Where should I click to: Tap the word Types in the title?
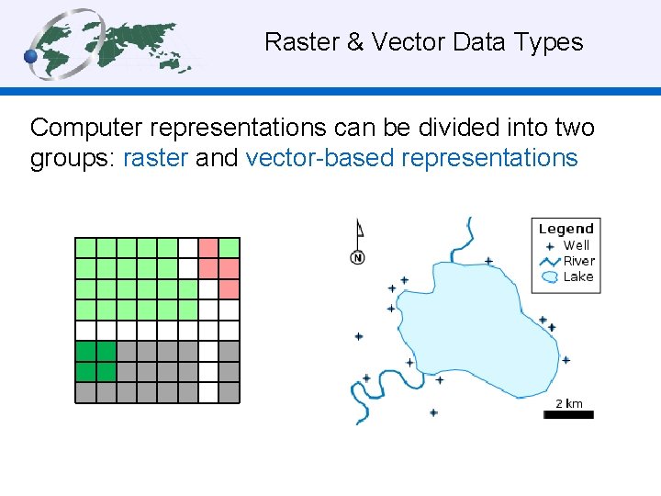tap(549, 42)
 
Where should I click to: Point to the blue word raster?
tap(155, 158)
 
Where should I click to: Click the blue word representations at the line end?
tap(489, 158)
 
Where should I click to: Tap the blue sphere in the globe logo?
tap(32, 57)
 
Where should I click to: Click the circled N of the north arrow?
tap(357, 258)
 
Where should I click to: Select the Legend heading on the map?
tap(566, 229)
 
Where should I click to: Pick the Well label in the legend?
tap(577, 245)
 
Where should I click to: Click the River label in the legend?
tap(578, 261)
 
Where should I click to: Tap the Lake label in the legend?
tap(578, 276)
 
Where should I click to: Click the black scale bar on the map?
tap(569, 415)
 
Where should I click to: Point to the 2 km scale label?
tap(569, 403)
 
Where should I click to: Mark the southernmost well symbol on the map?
tap(433, 412)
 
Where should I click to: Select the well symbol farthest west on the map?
tap(359, 336)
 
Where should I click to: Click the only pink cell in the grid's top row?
tap(208, 247)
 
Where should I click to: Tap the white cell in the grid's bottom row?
tap(208, 392)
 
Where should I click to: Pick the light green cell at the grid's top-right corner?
tap(230, 247)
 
